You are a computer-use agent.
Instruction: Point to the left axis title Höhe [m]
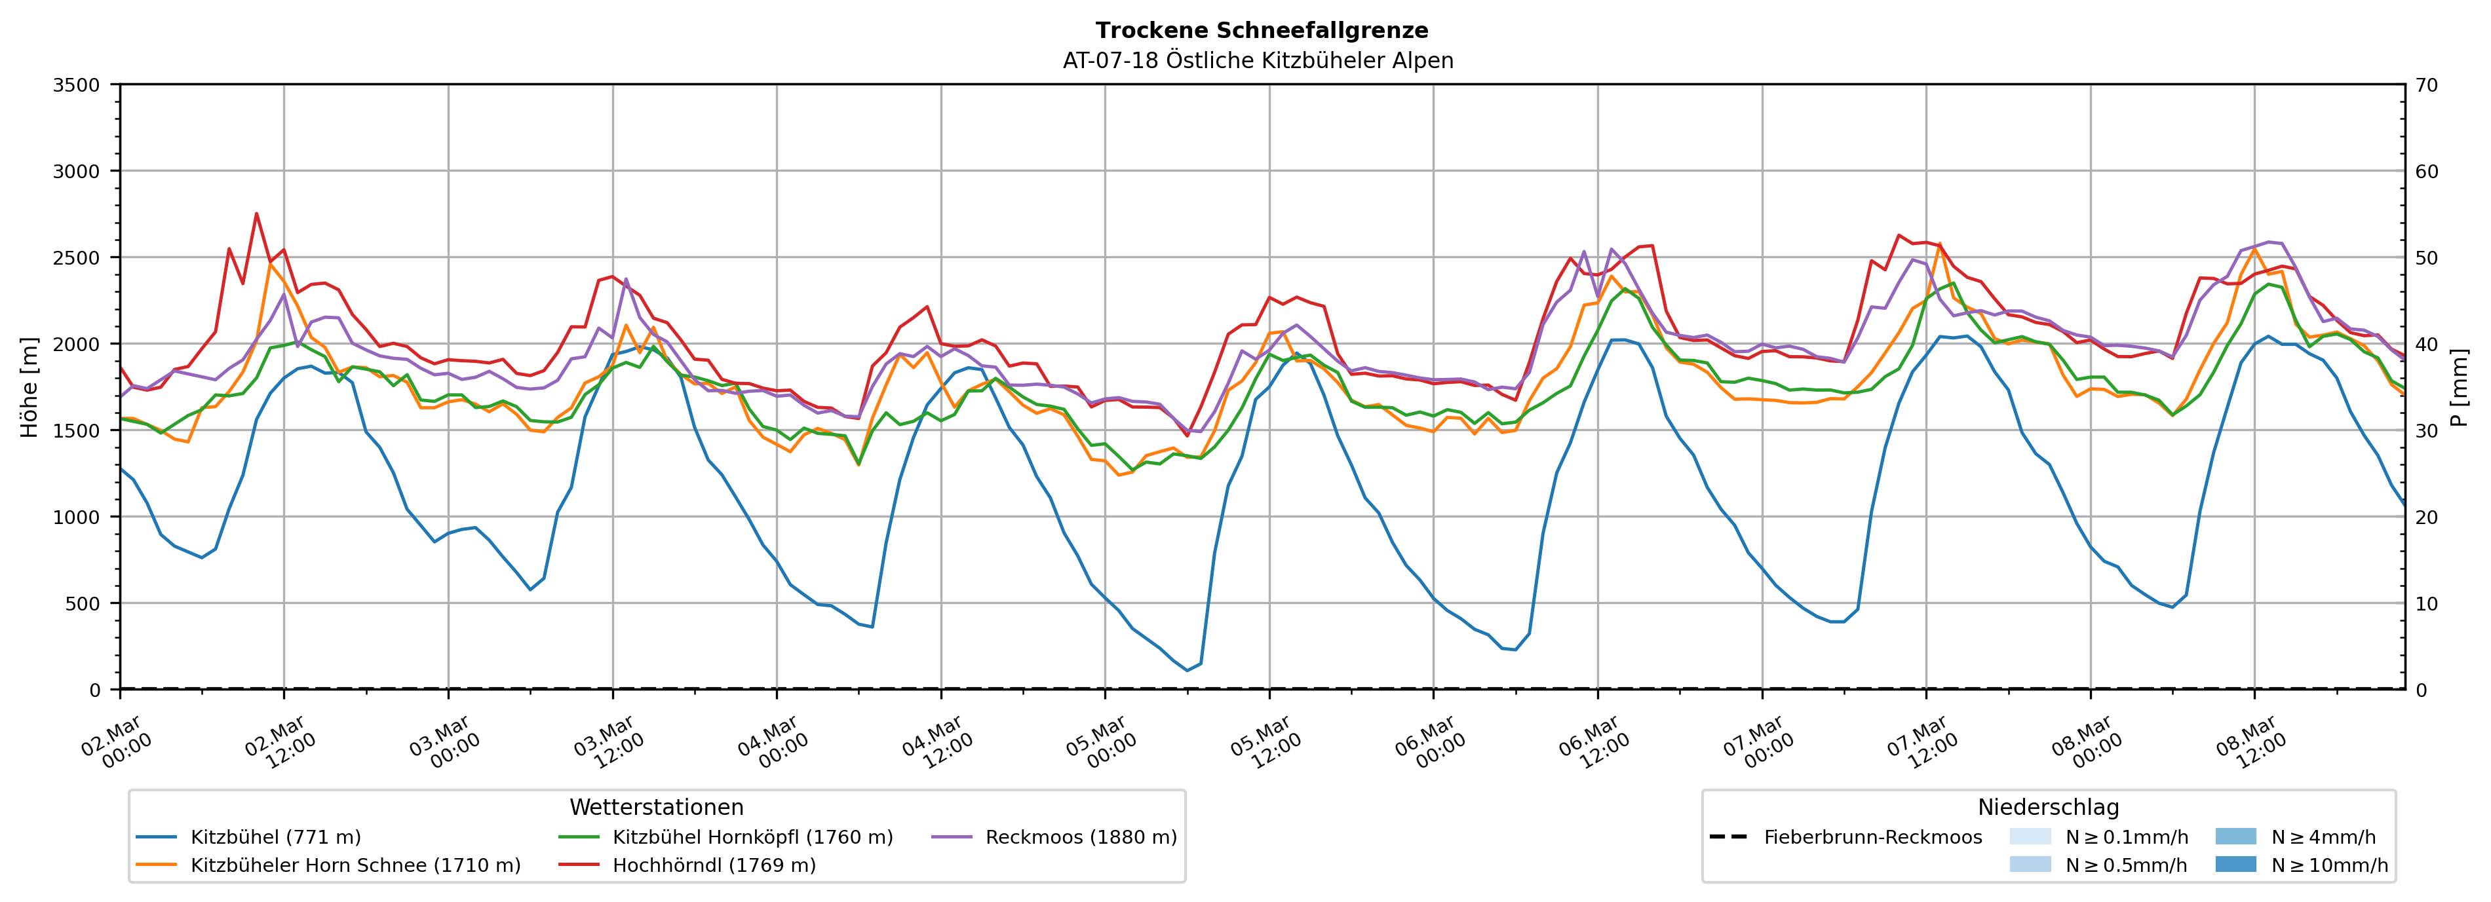30,386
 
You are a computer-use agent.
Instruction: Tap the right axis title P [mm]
2459,386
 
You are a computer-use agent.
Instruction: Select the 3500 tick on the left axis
77,85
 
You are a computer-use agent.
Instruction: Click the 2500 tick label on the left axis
77,258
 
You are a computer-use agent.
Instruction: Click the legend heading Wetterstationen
657,807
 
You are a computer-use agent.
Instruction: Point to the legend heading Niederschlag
2048,807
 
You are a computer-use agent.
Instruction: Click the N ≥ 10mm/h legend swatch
2235,864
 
